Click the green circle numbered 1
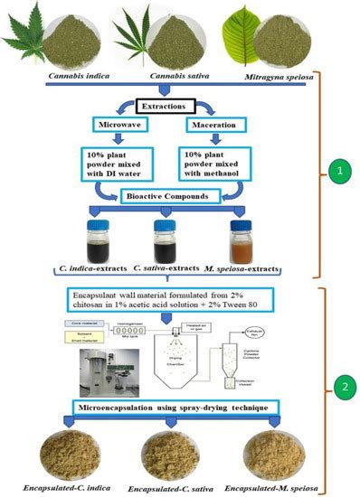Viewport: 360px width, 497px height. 339,169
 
